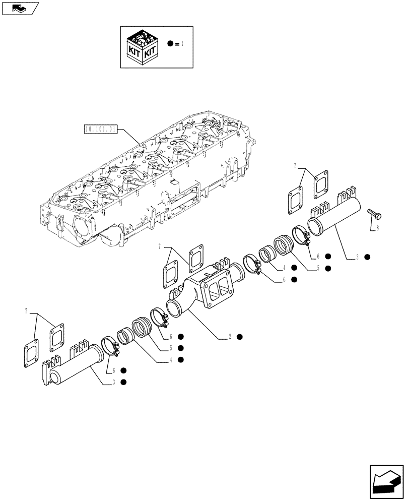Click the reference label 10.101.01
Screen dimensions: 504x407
(101, 129)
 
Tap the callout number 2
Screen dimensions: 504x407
(229, 337)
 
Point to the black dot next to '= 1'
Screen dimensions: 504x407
(171, 44)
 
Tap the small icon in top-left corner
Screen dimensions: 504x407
(19, 8)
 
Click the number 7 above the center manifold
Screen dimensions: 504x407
(159, 246)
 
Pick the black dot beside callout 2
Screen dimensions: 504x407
(240, 337)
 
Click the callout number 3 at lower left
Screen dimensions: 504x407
(114, 383)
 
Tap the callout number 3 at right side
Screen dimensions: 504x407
(357, 258)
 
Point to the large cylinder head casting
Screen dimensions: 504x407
(151, 181)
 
